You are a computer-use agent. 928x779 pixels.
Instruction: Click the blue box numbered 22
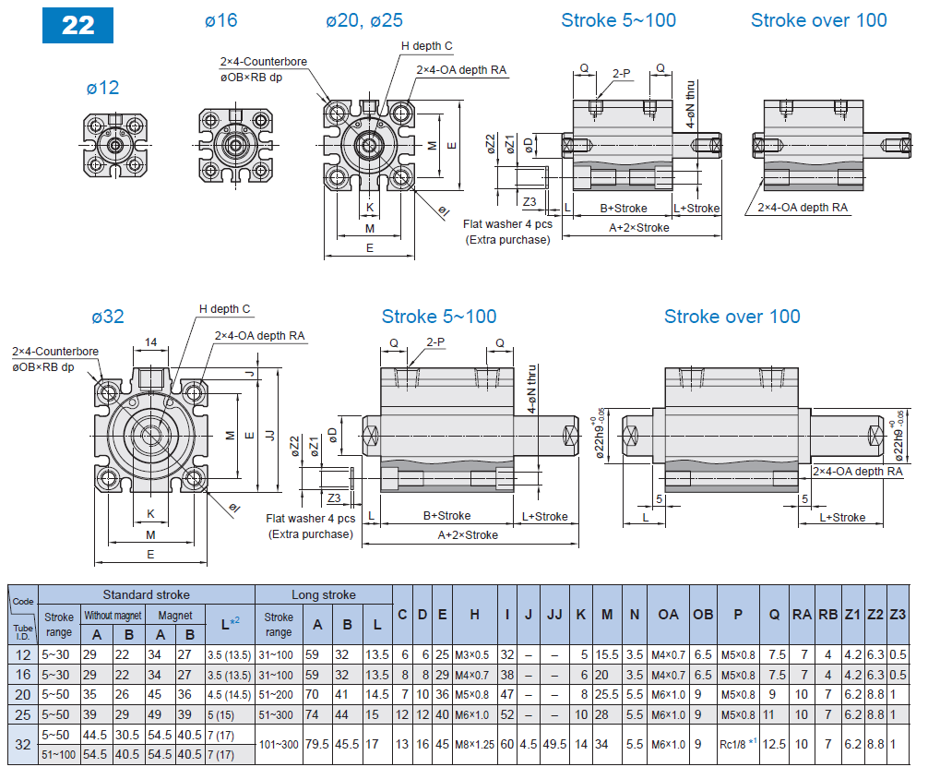(77, 25)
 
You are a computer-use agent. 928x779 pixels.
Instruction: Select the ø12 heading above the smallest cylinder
(103, 88)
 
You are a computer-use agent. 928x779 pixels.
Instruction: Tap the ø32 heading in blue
(108, 317)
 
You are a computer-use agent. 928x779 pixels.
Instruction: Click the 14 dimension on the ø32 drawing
(151, 342)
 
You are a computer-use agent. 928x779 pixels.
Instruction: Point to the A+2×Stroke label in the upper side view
(639, 227)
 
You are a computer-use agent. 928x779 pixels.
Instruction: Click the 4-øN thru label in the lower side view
(532, 389)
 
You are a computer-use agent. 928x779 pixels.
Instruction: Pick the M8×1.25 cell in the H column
(475, 744)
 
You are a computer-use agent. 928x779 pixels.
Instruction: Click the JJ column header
(554, 615)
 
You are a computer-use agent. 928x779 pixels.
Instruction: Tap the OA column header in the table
(668, 615)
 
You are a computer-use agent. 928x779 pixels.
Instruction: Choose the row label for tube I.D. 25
(23, 714)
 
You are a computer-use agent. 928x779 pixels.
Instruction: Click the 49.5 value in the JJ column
(554, 744)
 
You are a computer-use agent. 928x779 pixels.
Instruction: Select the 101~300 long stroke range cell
(279, 744)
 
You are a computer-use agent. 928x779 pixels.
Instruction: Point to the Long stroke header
(324, 594)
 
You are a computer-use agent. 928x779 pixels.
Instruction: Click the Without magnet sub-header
(113, 616)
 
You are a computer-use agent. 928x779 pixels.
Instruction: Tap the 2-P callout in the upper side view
(622, 74)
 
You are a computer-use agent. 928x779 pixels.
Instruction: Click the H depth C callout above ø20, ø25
(427, 45)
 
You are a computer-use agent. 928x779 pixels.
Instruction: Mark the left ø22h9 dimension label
(601, 433)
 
